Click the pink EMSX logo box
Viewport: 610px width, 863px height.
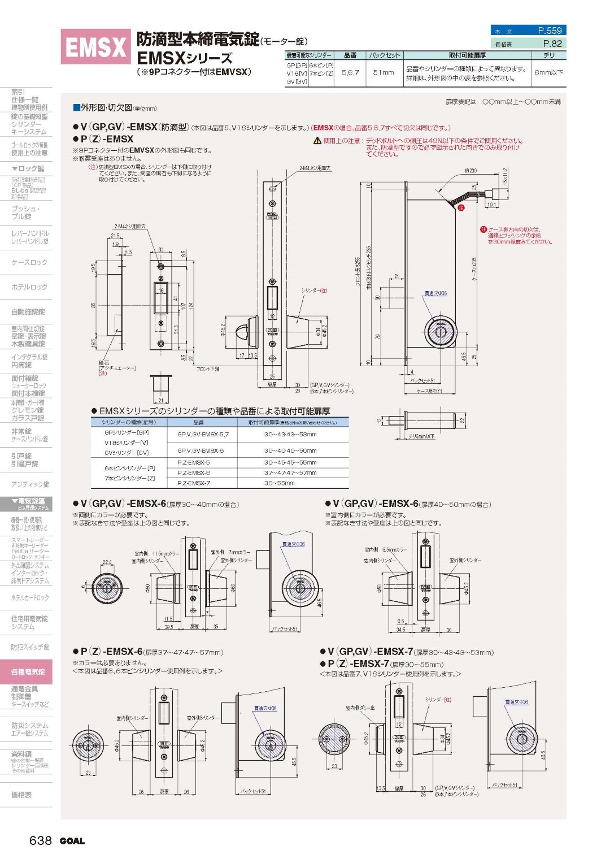tap(95, 47)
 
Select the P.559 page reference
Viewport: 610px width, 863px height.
tap(549, 31)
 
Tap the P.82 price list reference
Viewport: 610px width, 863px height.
tap(552, 44)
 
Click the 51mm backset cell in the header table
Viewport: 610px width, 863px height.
tap(384, 72)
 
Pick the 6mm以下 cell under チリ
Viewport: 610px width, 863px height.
tap(548, 72)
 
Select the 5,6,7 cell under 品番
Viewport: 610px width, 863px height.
tap(350, 72)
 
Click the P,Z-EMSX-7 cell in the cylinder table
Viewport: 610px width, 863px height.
tap(193, 483)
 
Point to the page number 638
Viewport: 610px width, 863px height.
tap(41, 840)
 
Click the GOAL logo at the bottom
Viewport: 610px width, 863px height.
tap(72, 841)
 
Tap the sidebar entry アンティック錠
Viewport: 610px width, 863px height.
tap(30, 484)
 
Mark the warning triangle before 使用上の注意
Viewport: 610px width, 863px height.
tap(317, 141)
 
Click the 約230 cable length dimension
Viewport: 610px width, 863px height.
tap(470, 170)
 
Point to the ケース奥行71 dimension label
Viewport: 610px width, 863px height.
tap(429, 391)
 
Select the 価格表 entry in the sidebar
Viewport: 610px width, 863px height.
tap(21, 795)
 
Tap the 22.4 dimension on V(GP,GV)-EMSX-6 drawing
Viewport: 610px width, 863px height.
tap(107, 562)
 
